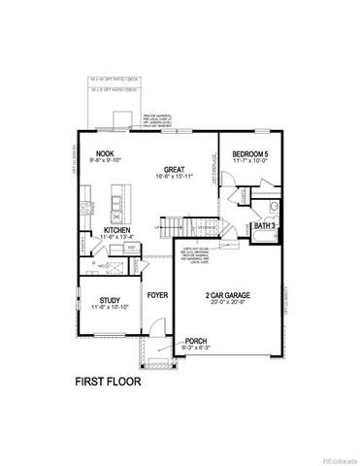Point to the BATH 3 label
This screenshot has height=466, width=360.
click(266, 225)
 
